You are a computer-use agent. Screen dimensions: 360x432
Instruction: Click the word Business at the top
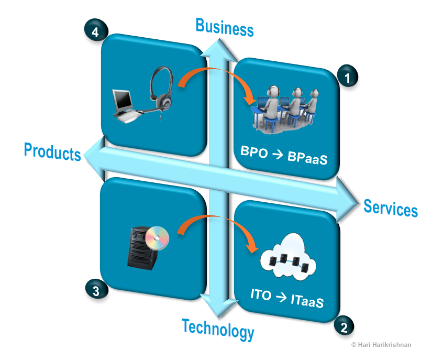coord(225,27)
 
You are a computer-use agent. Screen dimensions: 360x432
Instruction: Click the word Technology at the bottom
coord(218,329)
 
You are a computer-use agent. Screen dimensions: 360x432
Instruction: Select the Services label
coord(391,208)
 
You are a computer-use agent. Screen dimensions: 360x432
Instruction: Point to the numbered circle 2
coord(344,327)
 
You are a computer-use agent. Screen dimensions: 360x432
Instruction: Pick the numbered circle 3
coord(96,291)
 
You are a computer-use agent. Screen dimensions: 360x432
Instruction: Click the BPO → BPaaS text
coord(284,155)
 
